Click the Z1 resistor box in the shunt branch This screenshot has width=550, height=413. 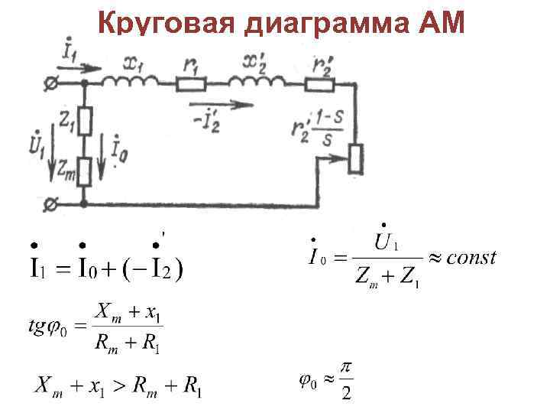86,120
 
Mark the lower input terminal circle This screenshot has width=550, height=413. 53,204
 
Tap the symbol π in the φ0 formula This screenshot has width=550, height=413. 345,369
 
